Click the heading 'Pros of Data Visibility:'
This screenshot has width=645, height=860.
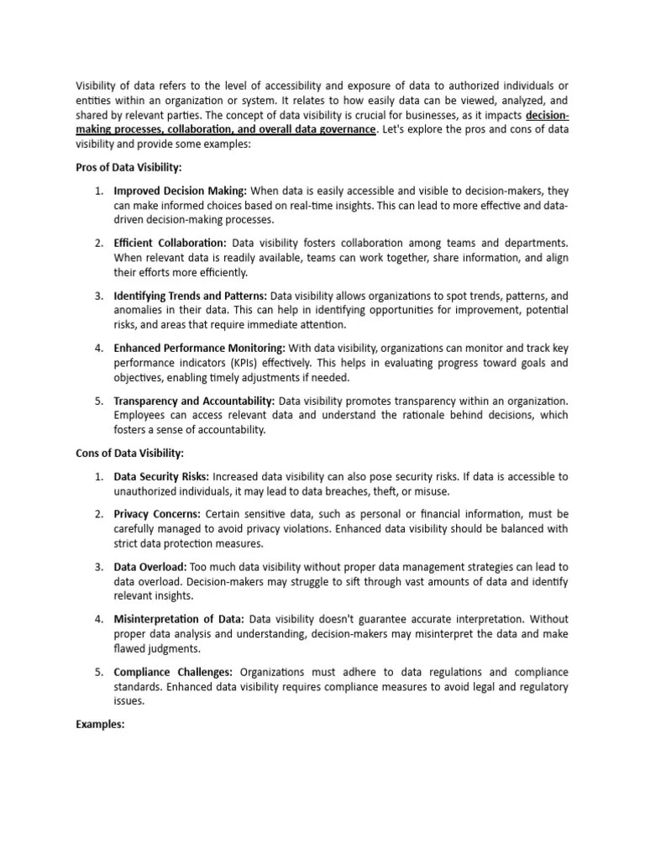pos(128,168)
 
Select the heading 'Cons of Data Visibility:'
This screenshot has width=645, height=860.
pos(130,454)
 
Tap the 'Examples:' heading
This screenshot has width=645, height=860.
pos(101,722)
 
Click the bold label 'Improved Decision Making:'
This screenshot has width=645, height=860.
pos(180,191)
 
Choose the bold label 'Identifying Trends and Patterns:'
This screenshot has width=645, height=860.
pos(191,296)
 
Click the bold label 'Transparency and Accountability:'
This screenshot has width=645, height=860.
pos(194,401)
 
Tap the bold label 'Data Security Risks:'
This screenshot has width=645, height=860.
pos(161,476)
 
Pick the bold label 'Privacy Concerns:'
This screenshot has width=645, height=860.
pos(157,513)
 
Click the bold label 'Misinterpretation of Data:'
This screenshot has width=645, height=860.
pos(179,619)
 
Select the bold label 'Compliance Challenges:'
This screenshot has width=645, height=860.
pos(174,672)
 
